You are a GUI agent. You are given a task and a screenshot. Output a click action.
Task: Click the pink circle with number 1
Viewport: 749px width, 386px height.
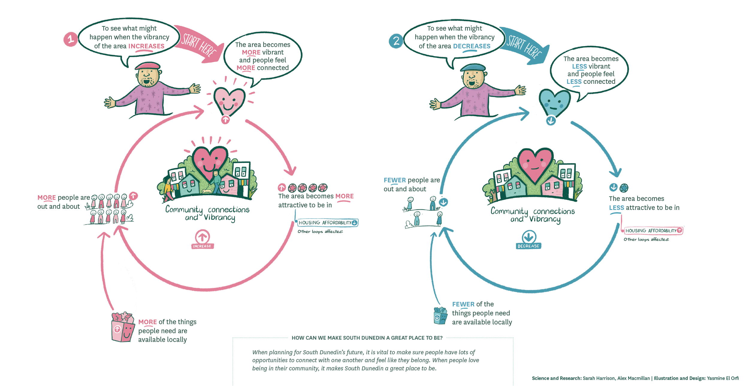(70, 39)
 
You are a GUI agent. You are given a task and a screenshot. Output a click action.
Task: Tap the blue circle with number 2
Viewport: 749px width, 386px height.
(396, 41)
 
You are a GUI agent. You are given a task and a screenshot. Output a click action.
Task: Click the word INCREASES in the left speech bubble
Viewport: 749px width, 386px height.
(146, 46)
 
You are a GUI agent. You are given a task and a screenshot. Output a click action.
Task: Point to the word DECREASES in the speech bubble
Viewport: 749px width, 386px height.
(472, 46)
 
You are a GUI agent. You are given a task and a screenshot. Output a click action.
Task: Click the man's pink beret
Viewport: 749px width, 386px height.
(147, 66)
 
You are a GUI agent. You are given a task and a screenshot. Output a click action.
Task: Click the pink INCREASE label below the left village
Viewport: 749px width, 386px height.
(202, 246)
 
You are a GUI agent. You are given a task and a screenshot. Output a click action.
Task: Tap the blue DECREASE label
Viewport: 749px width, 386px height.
(528, 246)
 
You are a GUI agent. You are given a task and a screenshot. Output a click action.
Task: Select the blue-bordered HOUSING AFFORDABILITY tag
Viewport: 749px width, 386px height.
(328, 223)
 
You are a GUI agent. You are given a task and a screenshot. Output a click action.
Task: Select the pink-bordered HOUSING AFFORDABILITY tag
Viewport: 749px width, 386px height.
(653, 231)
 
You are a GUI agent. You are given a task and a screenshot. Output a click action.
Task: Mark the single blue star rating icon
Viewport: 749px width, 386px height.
(624, 188)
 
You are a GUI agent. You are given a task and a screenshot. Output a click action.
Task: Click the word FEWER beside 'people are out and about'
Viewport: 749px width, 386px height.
(395, 180)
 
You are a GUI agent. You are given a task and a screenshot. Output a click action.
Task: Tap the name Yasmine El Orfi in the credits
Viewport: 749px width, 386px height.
(722, 378)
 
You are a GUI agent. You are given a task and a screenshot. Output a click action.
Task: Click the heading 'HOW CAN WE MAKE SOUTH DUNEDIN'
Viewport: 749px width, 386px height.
(367, 338)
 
